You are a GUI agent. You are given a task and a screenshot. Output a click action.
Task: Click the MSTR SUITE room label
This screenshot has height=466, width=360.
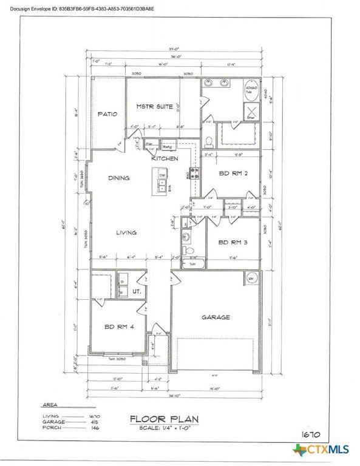tap(155, 107)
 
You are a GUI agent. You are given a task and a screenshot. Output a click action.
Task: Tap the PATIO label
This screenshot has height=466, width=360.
tap(107, 113)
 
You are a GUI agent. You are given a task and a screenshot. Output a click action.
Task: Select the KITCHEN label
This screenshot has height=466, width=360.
tap(165, 159)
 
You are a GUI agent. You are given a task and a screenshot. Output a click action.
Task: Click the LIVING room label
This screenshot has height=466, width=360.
tap(126, 232)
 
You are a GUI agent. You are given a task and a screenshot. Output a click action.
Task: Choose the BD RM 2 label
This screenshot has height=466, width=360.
tap(231, 174)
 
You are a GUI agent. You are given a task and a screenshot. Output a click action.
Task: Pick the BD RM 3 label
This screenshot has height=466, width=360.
tap(231, 243)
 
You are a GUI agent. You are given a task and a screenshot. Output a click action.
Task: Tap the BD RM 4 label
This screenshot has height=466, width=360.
tap(118, 327)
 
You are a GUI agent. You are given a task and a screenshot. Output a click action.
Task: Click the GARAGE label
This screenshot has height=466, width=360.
tap(216, 317)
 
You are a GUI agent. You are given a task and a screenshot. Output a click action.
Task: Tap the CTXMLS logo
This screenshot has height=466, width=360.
tap(321, 450)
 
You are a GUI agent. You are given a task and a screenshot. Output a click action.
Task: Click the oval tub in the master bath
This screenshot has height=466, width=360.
tap(251, 92)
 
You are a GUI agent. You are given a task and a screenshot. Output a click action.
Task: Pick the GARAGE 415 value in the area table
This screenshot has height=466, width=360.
tap(95, 422)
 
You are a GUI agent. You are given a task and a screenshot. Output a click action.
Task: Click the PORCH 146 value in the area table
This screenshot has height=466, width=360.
tap(95, 428)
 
